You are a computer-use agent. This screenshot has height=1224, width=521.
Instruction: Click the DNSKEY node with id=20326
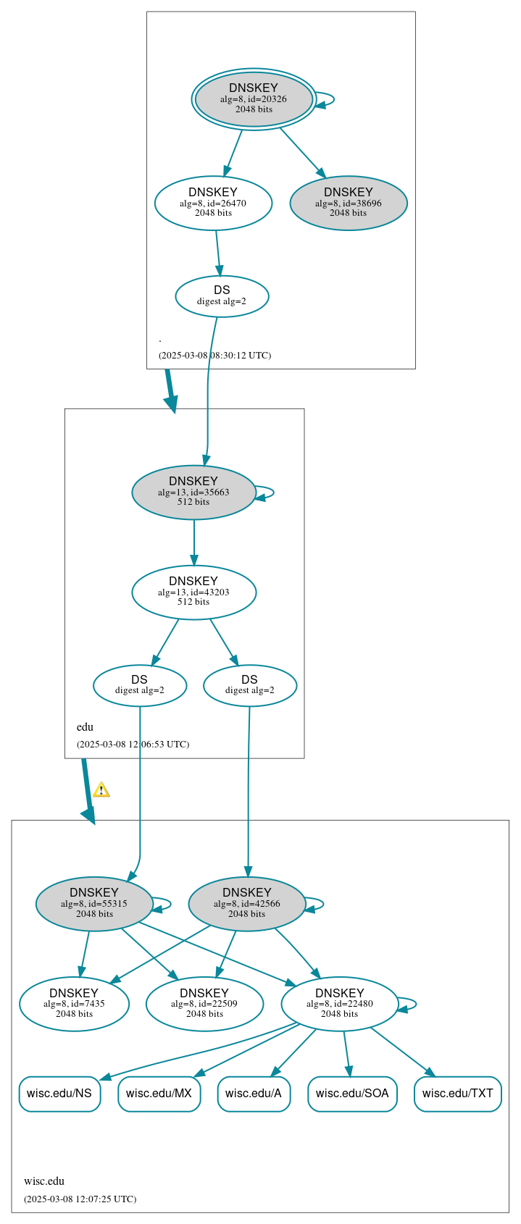(x=253, y=99)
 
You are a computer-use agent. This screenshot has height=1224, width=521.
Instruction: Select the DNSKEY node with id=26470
(x=213, y=203)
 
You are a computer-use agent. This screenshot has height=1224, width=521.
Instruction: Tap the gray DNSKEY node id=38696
(x=348, y=203)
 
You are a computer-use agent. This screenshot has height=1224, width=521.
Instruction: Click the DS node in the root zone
(x=222, y=295)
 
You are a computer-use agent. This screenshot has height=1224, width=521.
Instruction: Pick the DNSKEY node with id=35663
(x=193, y=492)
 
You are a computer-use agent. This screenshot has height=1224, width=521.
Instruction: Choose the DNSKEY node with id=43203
(x=193, y=592)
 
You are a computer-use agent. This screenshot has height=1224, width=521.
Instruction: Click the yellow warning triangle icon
(x=101, y=790)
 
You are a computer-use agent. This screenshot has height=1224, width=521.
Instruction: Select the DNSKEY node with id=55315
(x=94, y=903)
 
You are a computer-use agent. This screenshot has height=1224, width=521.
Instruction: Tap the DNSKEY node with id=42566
(x=246, y=903)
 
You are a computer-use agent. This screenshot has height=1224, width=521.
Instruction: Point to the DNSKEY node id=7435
(x=74, y=1003)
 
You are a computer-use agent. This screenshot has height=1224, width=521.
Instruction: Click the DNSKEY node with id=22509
(x=204, y=1003)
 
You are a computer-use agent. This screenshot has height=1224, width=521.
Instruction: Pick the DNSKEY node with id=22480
(x=339, y=1003)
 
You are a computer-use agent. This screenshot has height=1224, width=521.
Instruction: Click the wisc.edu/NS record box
(x=59, y=1093)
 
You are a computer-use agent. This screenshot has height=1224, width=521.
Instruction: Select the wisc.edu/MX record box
(x=159, y=1093)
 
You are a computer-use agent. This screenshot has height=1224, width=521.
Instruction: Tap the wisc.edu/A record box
(x=254, y=1093)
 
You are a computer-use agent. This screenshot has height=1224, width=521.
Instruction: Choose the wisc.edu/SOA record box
(x=352, y=1093)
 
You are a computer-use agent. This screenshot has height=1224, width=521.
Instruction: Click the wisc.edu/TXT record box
(x=457, y=1093)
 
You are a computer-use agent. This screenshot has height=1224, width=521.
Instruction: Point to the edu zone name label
(x=85, y=727)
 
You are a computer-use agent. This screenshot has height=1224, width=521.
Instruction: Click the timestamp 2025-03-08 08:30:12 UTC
(x=214, y=356)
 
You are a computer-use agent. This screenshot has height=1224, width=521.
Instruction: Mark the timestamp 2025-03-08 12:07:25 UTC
(x=80, y=1199)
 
